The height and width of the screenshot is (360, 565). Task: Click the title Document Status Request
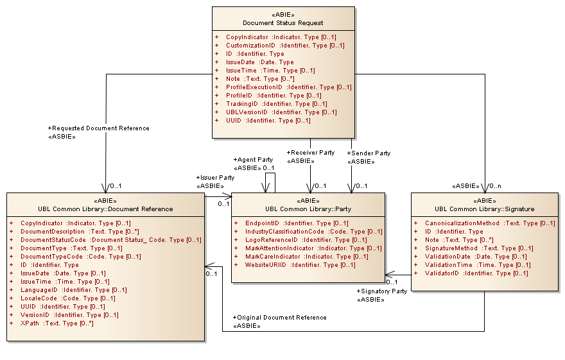pos(283,23)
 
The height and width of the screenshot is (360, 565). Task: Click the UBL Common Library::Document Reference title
pos(105,209)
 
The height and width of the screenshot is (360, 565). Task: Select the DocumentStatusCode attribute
pos(110,240)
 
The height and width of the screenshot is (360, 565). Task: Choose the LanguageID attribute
pos(73,290)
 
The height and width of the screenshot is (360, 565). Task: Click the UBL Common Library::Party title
pos(308,209)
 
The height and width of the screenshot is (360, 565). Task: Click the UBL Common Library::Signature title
pos(484,209)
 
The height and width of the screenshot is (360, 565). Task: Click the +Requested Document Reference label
pos(98,128)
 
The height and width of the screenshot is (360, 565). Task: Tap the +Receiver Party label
pos(310,153)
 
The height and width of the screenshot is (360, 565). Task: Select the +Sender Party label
pos(369,153)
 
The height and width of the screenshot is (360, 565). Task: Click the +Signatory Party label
pos(381,291)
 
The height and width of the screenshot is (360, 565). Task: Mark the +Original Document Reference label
pos(279,318)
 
